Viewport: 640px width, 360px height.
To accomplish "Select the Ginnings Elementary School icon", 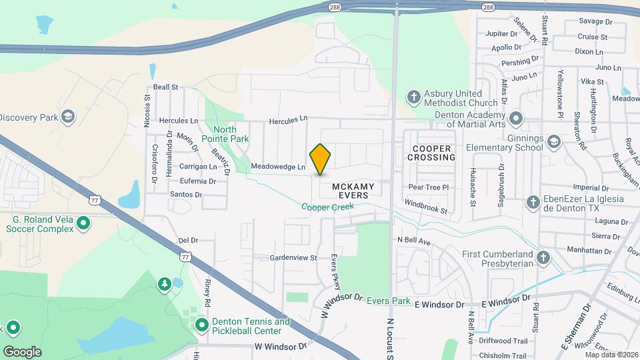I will click(x=553, y=142).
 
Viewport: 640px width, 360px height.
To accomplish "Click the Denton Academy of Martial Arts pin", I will click(x=515, y=119).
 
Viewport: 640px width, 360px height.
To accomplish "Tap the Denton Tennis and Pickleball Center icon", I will click(x=201, y=325).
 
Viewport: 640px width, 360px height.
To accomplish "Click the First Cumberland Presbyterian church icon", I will click(x=543, y=258).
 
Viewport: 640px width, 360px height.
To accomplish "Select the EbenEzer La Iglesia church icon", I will click(x=532, y=202).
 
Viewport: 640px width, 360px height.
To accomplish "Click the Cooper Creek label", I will click(x=327, y=207).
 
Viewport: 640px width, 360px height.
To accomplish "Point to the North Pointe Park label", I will click(x=231, y=134).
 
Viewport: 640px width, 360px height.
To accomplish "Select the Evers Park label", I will click(x=389, y=301).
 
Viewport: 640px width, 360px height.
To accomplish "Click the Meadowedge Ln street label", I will click(x=278, y=167).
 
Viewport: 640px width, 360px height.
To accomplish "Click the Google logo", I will click(x=22, y=351).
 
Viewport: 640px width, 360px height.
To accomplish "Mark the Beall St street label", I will click(x=166, y=87).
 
